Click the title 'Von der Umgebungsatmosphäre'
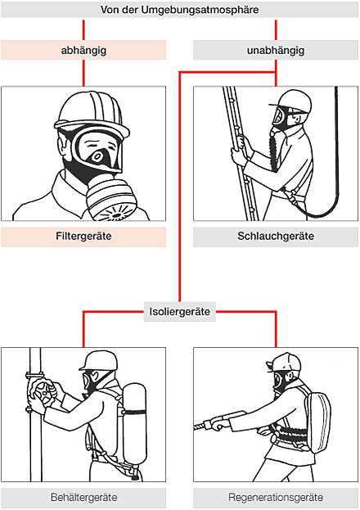pos(179,10)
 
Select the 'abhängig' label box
pos(83,50)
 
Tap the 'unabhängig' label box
pos(276,50)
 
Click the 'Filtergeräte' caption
pos(83,237)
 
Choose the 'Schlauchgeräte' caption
pos(276,237)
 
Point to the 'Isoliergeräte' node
pos(179,312)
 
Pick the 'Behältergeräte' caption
pos(83,498)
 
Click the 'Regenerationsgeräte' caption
pos(276,498)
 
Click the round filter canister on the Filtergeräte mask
pos(112,200)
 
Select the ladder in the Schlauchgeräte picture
pos(241,153)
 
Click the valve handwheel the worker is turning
pos(41,393)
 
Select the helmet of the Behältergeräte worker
pos(99,360)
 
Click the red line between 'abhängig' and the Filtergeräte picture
pos(83,73)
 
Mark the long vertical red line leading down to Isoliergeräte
pos(179,187)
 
